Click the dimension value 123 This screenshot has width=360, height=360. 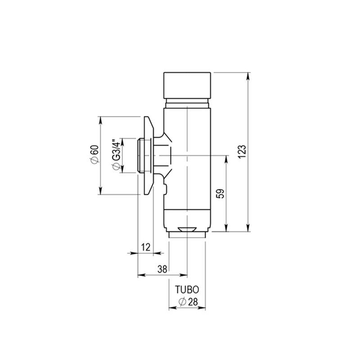[242, 152]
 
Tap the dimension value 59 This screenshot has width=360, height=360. [220, 193]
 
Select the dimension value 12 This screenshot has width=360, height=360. [145, 247]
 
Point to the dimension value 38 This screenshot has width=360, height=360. [162, 269]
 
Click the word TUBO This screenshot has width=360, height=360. [187, 290]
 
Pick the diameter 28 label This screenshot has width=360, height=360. [188, 302]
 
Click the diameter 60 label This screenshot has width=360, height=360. [95, 154]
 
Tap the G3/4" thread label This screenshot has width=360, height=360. [116, 155]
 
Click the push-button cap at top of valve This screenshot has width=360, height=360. [187, 85]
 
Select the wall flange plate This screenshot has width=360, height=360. [148, 155]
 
